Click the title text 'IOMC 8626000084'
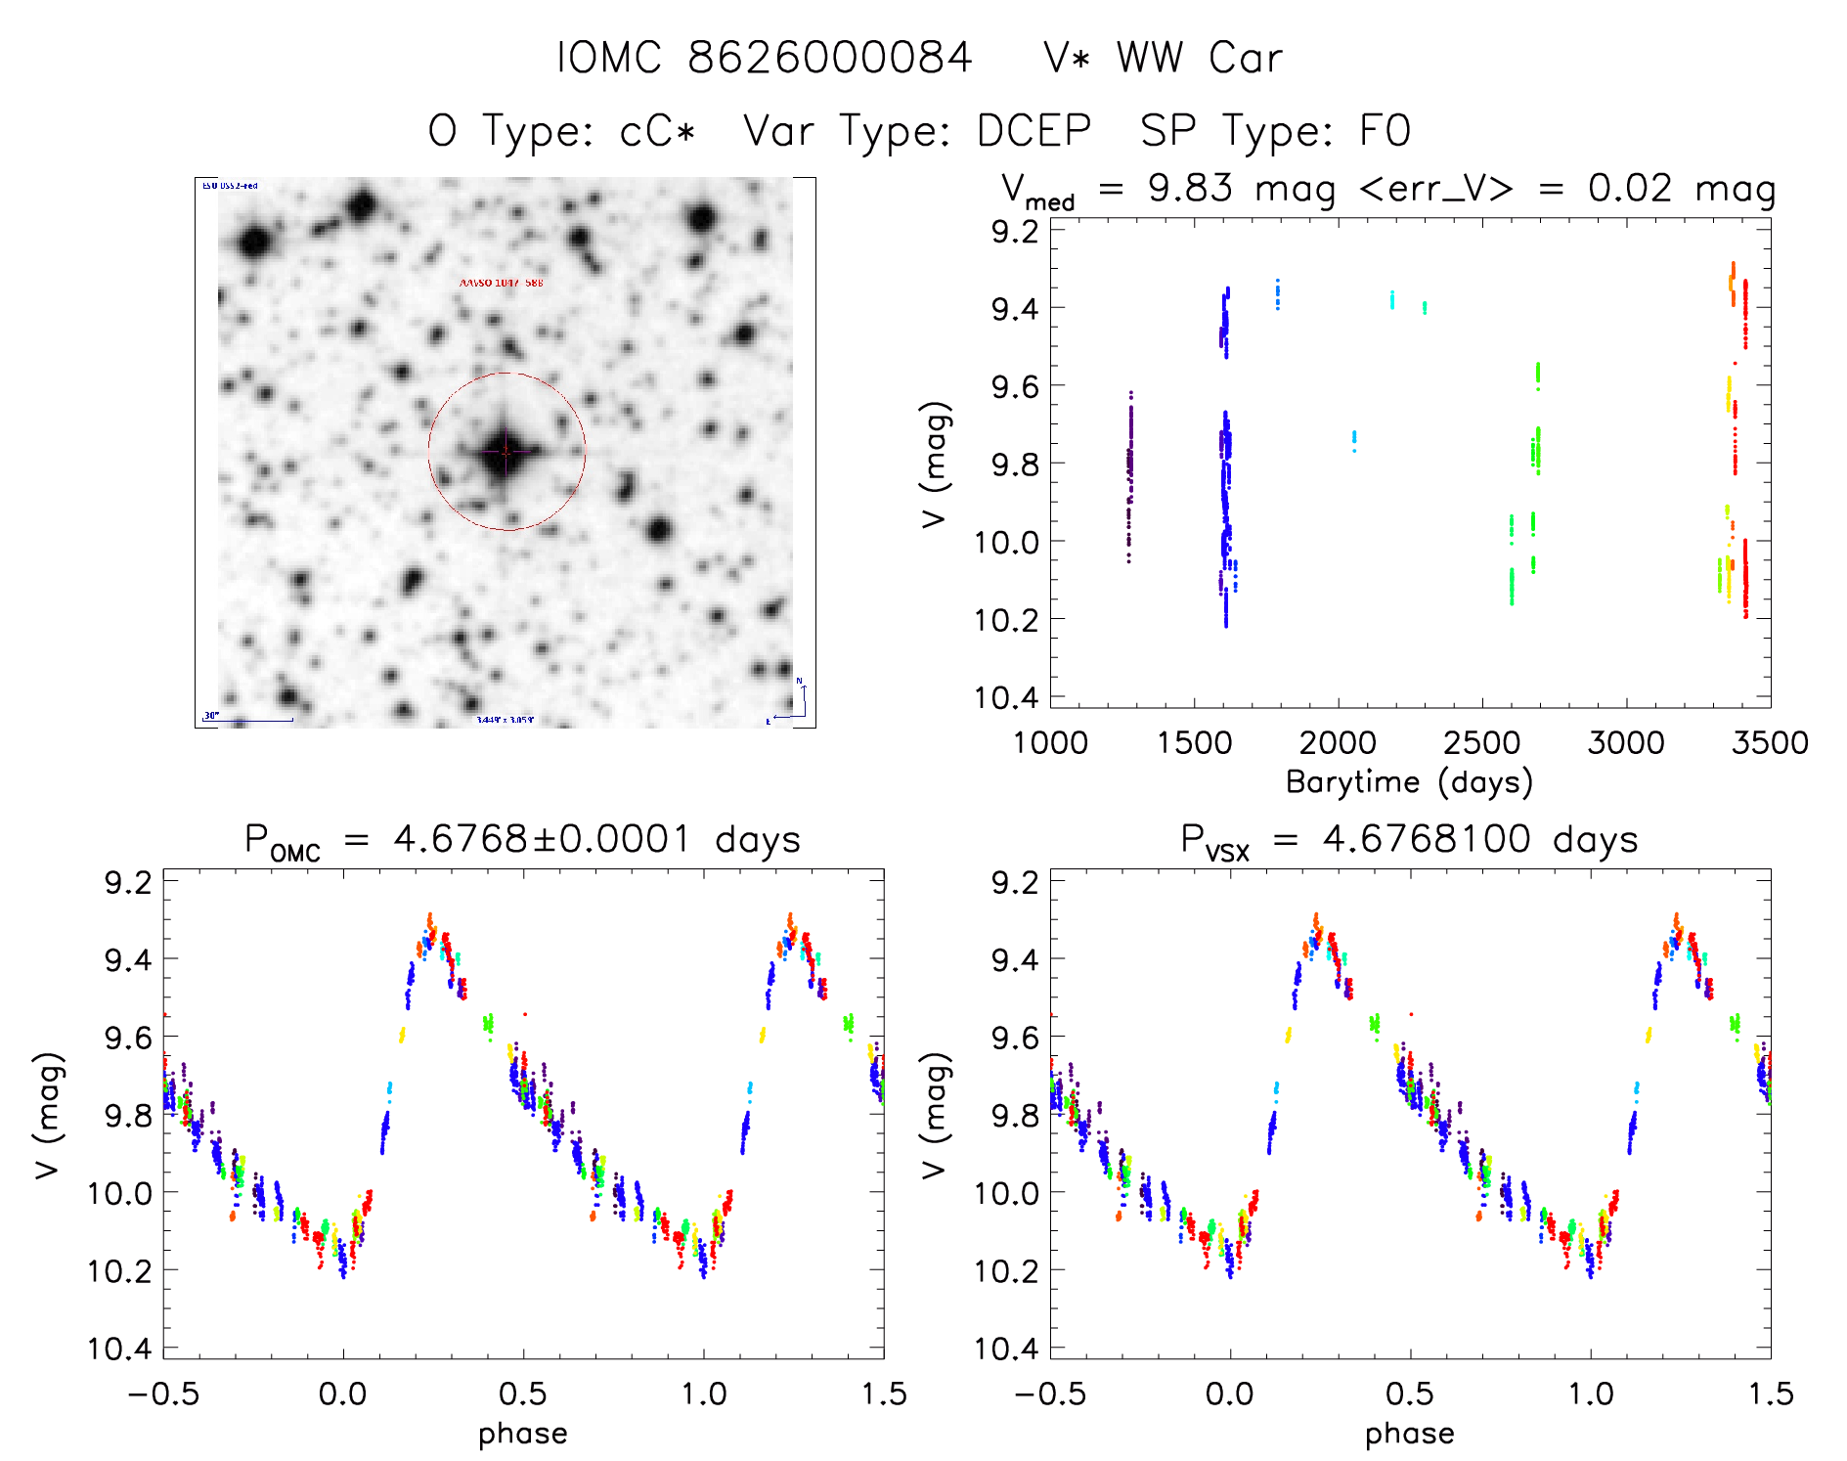tap(764, 58)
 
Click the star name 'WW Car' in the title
tap(1199, 58)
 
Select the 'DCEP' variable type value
tap(1033, 131)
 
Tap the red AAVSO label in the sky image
tap(501, 283)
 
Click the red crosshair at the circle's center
tap(506, 452)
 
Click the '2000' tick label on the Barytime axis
tap(1338, 742)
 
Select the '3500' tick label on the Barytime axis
tap(1769, 742)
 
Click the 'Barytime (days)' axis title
tap(1409, 782)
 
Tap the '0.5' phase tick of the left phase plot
tap(523, 1394)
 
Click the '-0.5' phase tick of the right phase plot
tap(1050, 1394)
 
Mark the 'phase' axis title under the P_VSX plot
tap(1409, 1434)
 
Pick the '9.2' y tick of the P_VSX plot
tap(1015, 883)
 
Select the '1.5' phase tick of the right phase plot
tap(1770, 1394)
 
